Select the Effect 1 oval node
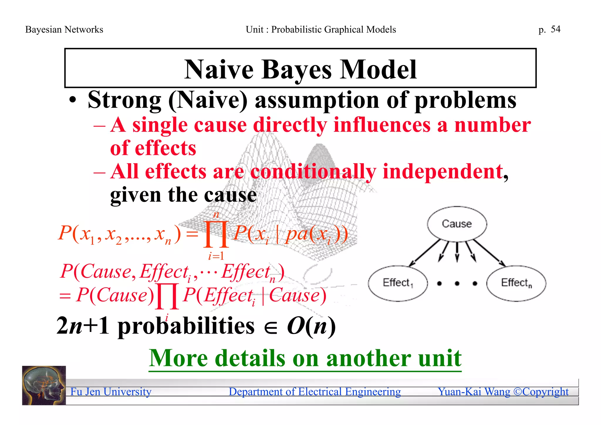[x=398, y=283]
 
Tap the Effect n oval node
[x=516, y=283]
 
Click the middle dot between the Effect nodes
[x=457, y=283]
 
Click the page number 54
[x=555, y=29]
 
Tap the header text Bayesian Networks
[x=64, y=30]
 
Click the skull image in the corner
[x=44, y=385]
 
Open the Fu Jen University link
[x=111, y=392]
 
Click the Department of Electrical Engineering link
[x=315, y=392]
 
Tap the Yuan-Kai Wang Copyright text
[x=503, y=392]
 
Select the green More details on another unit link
[x=305, y=358]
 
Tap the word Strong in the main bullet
[x=124, y=100]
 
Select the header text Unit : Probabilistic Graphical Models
[x=321, y=30]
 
